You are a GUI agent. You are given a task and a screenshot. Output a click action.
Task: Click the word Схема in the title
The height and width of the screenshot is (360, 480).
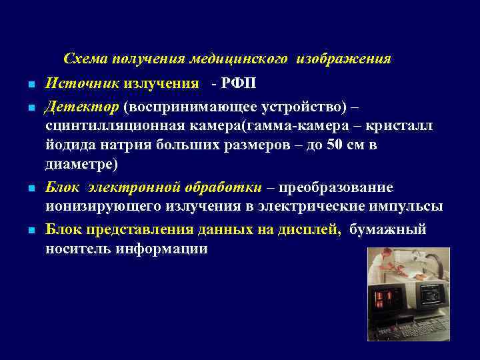(85, 59)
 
